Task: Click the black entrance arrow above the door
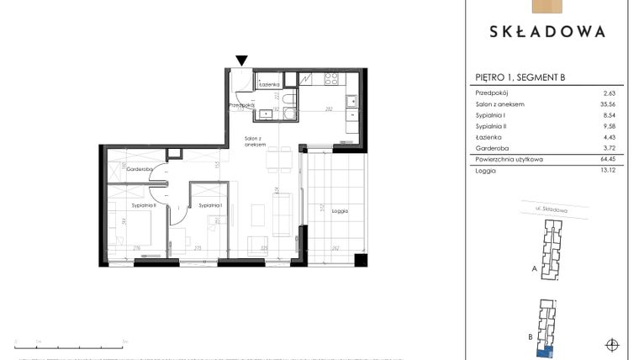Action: coord(241,61)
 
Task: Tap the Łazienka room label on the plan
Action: coord(269,85)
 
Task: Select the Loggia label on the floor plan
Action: coord(339,211)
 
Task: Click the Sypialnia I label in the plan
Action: coord(209,205)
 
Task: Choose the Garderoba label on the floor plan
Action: coord(140,169)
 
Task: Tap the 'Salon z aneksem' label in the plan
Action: coord(255,142)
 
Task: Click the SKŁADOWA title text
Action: coord(547,32)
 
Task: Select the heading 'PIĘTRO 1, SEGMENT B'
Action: coord(520,77)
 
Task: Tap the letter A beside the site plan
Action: coord(534,270)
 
